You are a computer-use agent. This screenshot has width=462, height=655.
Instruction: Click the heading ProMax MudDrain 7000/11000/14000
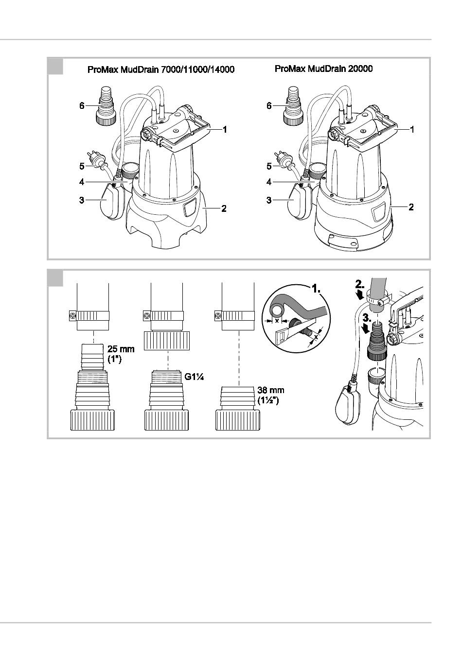(x=161, y=69)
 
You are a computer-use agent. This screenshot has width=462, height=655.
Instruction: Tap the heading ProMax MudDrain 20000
(x=323, y=69)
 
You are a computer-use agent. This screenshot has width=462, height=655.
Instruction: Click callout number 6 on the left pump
(x=82, y=105)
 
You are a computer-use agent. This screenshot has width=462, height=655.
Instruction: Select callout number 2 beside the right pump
(x=411, y=207)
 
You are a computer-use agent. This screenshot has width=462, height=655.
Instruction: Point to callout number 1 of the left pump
(x=225, y=129)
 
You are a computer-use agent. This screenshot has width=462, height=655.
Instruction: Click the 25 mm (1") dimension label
(x=121, y=354)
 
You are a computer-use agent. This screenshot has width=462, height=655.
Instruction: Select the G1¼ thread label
(x=194, y=377)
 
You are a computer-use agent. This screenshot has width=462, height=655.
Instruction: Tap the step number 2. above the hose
(x=360, y=284)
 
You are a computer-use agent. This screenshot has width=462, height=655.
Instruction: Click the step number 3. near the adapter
(x=366, y=318)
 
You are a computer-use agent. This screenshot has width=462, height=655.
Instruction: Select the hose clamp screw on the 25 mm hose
(x=73, y=316)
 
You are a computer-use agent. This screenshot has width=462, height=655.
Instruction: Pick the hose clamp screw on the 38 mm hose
(x=218, y=316)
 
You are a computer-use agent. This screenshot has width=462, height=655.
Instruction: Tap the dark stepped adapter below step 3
(x=377, y=341)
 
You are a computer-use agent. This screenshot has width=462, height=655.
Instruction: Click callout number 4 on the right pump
(x=269, y=182)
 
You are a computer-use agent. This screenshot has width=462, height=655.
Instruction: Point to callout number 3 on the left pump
(x=81, y=200)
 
